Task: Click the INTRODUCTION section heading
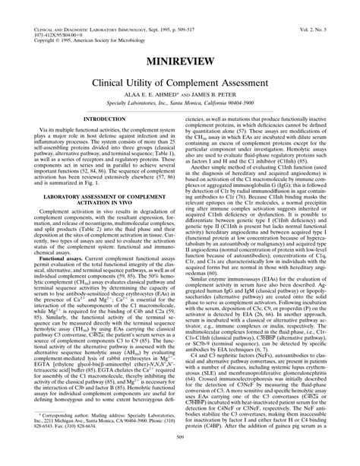pos(105,120)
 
